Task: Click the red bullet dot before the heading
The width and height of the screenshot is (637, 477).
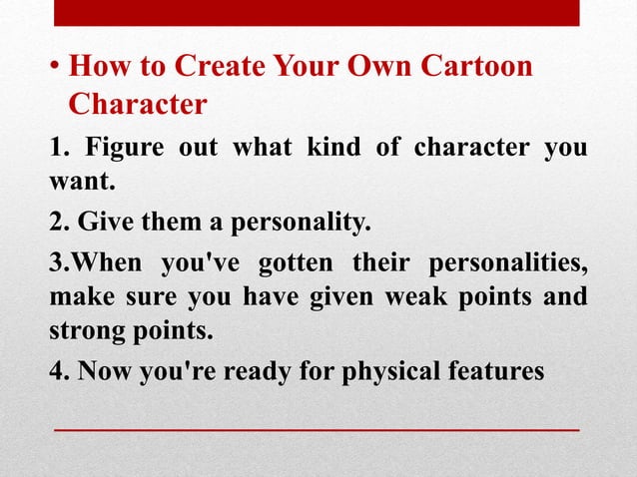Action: click(56, 70)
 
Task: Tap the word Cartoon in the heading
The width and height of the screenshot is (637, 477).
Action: click(472, 68)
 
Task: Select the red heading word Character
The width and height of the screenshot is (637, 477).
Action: click(138, 104)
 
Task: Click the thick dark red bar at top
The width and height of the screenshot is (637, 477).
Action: click(316, 13)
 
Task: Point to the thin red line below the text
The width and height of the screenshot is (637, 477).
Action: click(316, 428)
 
